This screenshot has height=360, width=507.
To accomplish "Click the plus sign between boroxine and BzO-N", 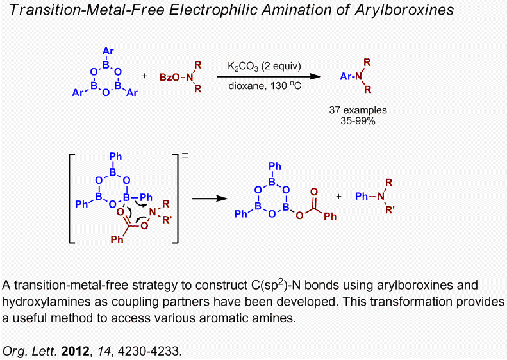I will coord(144,76).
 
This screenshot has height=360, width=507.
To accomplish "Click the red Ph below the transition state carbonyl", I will coord(116,240).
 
